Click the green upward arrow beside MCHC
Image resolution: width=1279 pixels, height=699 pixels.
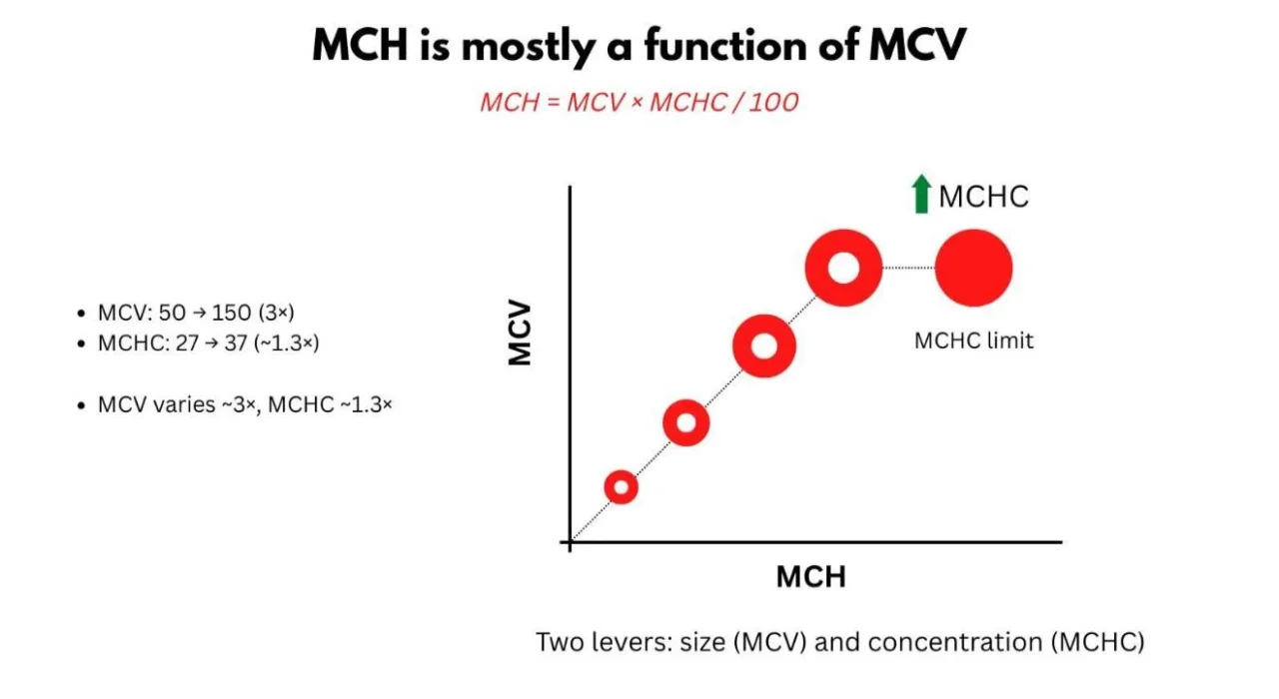click(921, 195)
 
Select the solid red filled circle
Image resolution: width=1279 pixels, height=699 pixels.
click(974, 268)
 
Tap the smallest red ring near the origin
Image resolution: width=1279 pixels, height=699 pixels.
click(622, 487)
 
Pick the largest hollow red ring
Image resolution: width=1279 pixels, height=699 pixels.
click(843, 268)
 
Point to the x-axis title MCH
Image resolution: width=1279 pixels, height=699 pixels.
click(810, 577)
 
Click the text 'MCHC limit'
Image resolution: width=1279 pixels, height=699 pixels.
click(974, 341)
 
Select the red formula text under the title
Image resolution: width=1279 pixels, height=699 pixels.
click(639, 102)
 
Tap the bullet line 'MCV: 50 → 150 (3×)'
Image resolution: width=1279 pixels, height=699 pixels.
click(196, 314)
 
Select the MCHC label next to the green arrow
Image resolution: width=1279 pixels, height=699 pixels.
click(983, 196)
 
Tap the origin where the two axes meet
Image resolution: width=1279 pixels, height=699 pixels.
click(570, 543)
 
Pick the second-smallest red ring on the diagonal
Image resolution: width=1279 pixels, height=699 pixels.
click(685, 423)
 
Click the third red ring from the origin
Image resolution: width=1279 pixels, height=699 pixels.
click(763, 346)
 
